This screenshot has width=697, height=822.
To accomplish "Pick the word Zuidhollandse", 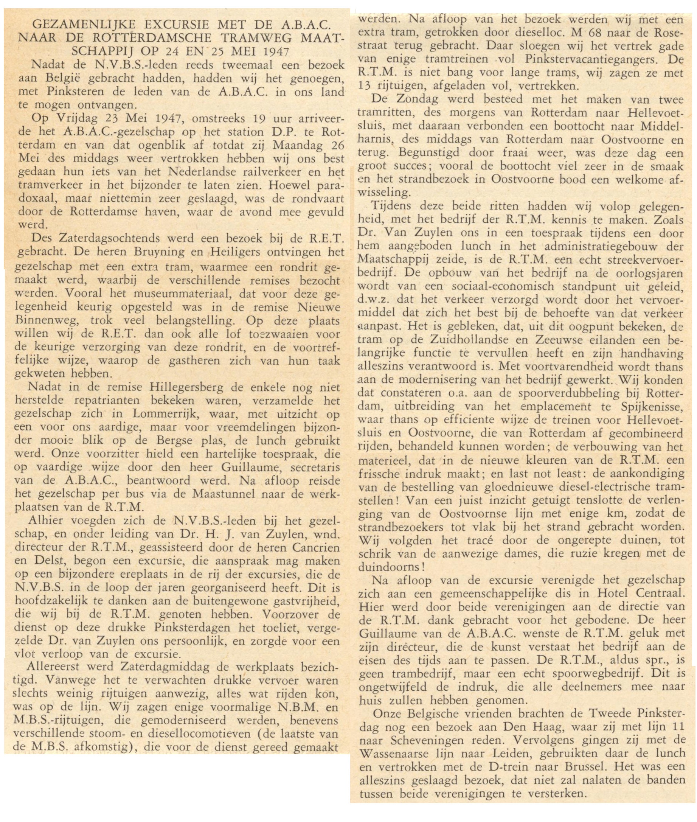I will tap(465, 340).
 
